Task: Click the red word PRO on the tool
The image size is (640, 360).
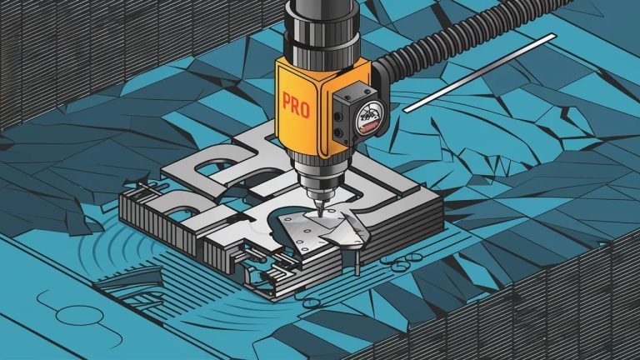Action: click(x=296, y=105)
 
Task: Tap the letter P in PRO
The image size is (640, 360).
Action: click(x=287, y=101)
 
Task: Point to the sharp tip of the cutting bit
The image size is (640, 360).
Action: click(x=320, y=214)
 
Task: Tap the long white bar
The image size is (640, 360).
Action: click(x=480, y=72)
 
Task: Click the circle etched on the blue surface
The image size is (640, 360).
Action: click(x=78, y=317)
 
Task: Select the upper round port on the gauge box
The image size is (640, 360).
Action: click(x=338, y=117)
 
